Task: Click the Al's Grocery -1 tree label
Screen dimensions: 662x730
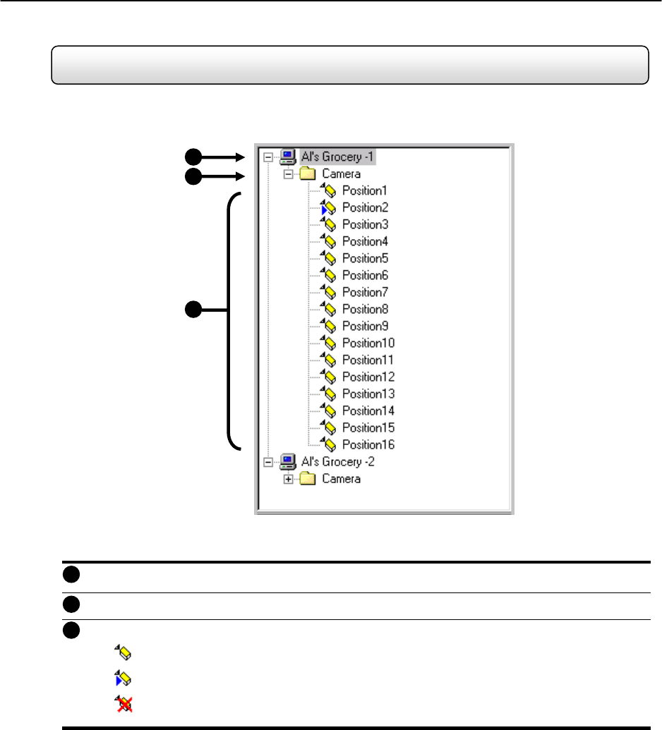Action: [337, 157]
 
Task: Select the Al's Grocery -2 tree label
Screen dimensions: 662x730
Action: [338, 462]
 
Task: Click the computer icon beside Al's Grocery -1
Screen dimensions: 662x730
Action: [287, 157]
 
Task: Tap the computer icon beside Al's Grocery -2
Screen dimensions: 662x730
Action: [287, 462]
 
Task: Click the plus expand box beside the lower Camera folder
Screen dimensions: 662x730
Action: [289, 479]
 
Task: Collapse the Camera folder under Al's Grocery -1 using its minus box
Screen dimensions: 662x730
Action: [289, 174]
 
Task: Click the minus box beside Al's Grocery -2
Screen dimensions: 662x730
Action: [268, 462]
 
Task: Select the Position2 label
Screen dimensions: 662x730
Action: [366, 207]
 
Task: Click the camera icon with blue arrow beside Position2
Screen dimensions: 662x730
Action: [328, 207]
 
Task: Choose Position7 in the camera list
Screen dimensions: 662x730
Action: [366, 293]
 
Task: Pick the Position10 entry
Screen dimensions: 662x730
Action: [368, 343]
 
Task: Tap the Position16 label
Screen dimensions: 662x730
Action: [368, 444]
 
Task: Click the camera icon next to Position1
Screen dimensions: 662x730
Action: [328, 190]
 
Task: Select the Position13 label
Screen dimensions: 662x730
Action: [368, 394]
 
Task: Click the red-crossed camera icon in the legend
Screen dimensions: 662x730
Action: [124, 704]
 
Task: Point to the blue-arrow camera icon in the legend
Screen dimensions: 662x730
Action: [124, 679]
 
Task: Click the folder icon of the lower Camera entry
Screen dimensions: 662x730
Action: [308, 479]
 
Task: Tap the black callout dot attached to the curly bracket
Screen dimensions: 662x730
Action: [193, 310]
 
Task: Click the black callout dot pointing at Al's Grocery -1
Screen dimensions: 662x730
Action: [193, 157]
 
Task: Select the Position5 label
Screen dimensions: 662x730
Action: [366, 258]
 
